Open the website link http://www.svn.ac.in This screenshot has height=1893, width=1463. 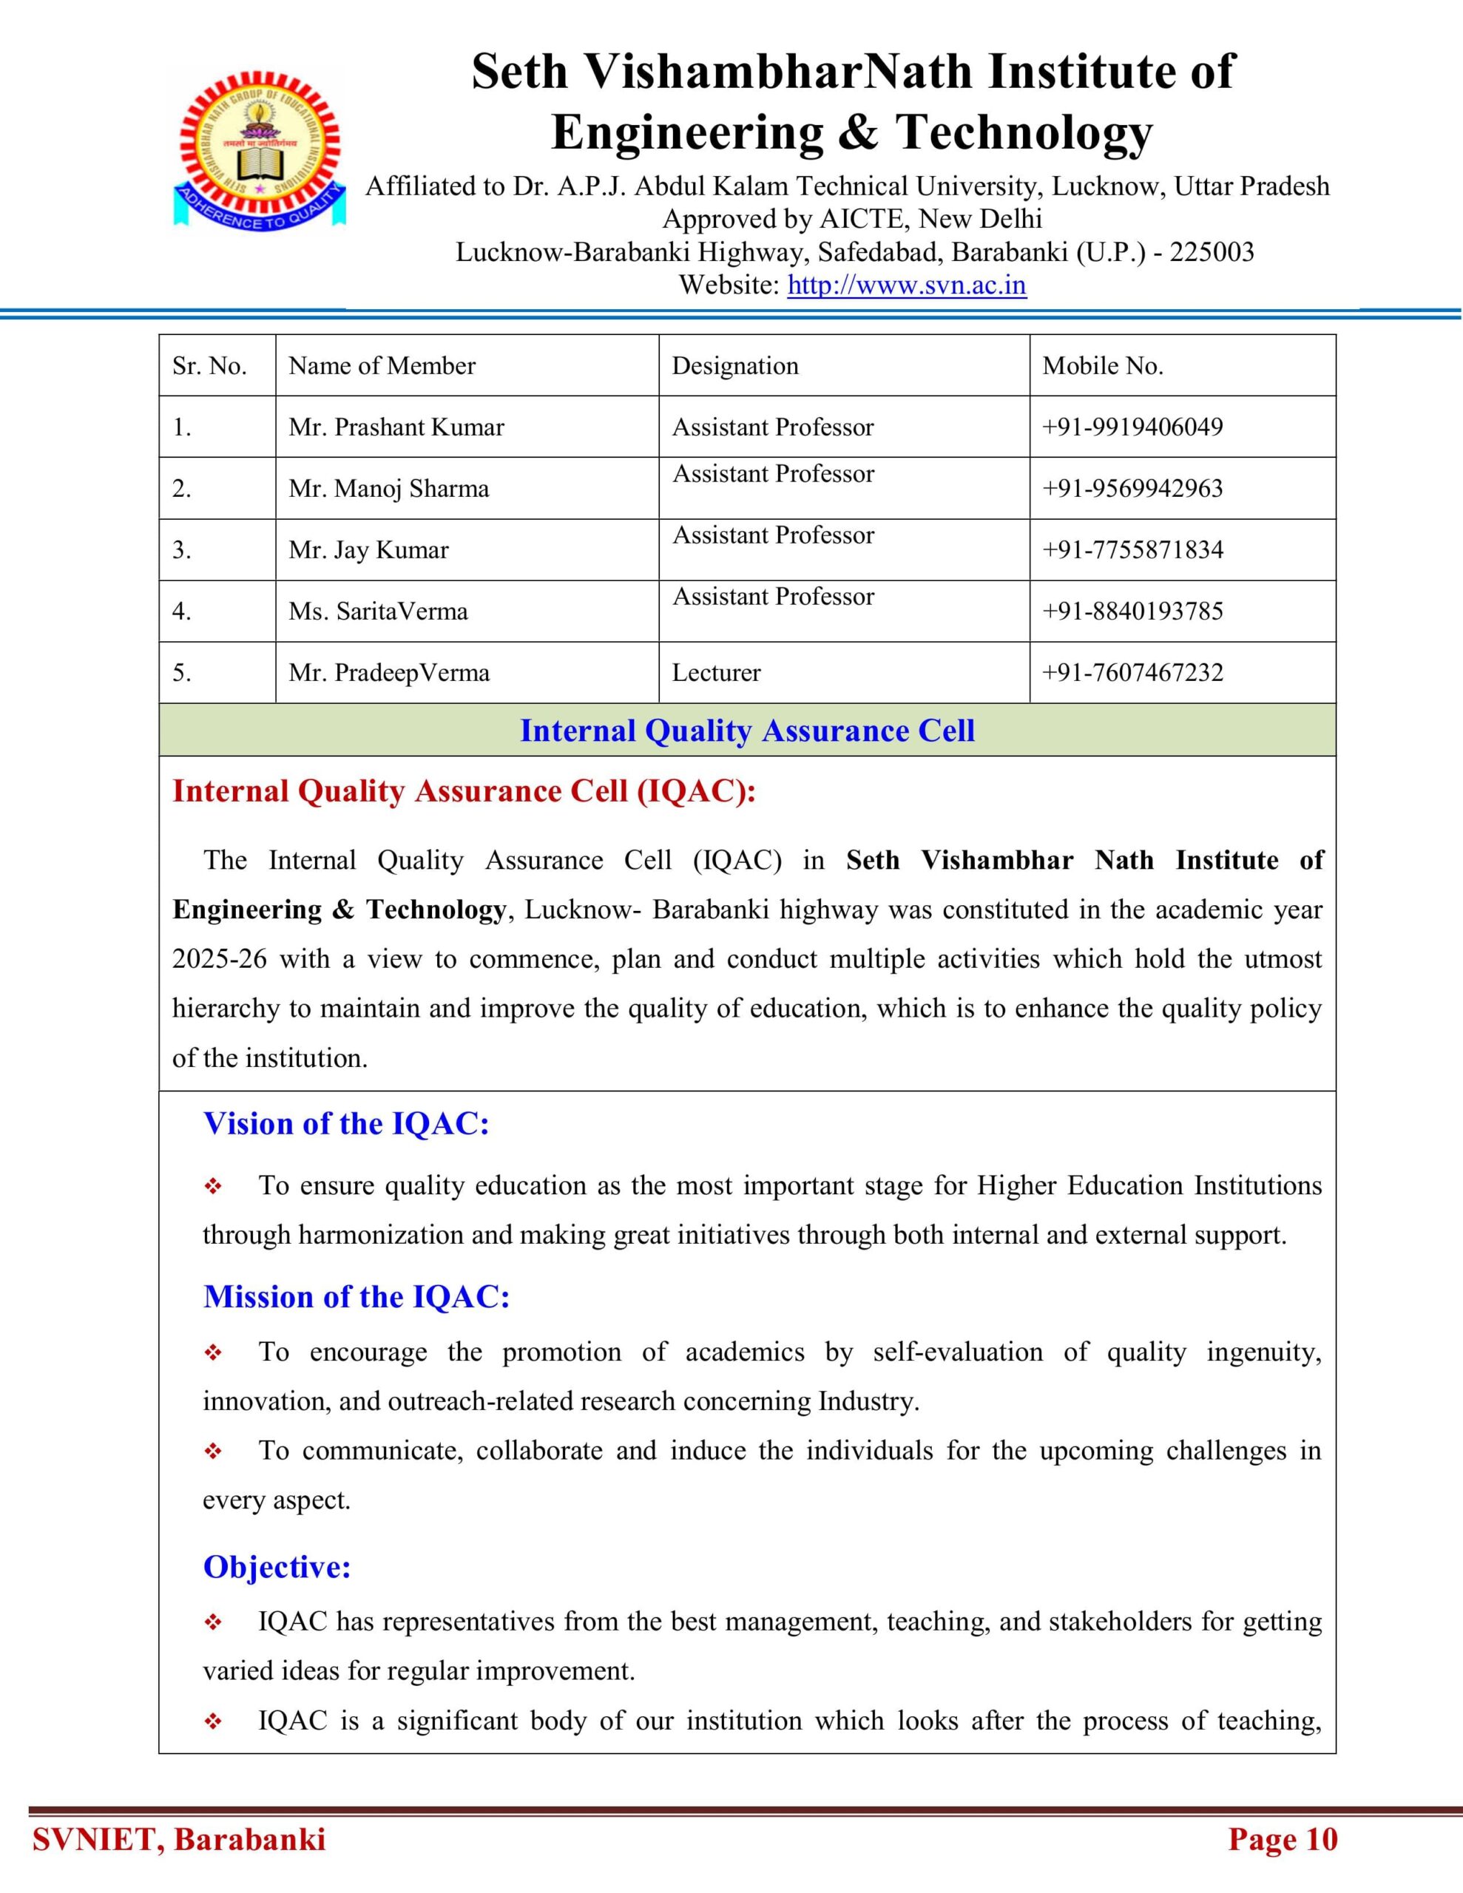click(x=906, y=285)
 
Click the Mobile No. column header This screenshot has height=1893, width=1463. click(x=1102, y=366)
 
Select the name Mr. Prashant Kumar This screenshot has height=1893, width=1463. click(x=396, y=427)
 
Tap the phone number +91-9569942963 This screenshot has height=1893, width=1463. click(x=1132, y=488)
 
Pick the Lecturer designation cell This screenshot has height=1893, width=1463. click(x=715, y=673)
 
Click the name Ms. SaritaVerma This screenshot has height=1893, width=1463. click(x=378, y=611)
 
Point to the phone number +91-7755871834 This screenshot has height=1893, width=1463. click(x=1132, y=549)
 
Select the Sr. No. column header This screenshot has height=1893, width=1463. click(x=209, y=366)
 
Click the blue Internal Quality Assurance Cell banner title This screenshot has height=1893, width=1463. click(x=747, y=731)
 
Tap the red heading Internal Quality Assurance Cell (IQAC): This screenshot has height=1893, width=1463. click(x=464, y=791)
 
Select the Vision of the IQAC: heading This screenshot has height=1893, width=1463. click(x=346, y=1123)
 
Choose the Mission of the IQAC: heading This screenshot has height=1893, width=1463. click(x=357, y=1296)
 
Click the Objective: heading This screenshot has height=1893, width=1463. click(x=277, y=1566)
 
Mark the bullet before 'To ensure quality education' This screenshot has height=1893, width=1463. click(x=213, y=1186)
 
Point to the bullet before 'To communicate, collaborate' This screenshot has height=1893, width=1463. click(x=213, y=1451)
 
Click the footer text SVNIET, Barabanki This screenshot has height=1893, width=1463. click(x=179, y=1839)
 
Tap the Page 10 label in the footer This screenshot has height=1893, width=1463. click(x=1283, y=1839)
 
